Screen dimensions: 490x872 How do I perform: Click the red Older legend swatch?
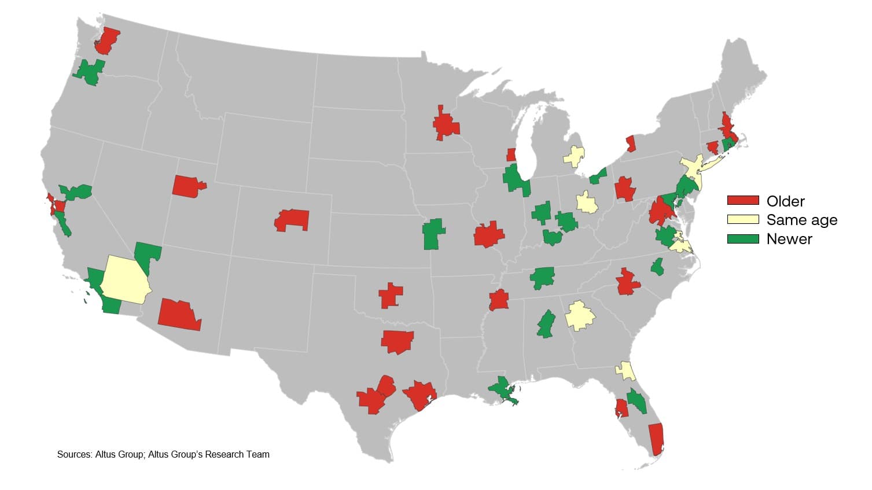742,200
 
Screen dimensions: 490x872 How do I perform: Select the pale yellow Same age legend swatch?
742,219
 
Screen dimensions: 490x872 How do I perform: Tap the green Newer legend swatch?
742,238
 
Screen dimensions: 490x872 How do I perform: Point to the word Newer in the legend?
789,239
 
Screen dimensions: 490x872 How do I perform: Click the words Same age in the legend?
801,220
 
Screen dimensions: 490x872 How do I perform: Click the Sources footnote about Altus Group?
163,455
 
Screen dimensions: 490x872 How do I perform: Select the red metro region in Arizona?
179,315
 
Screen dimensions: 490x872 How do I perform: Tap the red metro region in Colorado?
293,220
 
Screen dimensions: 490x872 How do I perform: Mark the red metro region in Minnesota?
445,124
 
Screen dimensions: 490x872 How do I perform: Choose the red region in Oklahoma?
391,296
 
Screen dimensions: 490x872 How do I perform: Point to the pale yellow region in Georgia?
579,315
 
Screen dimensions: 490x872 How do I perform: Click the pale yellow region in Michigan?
574,156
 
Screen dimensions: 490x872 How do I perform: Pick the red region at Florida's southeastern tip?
656,439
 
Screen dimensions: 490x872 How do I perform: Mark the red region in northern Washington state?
108,41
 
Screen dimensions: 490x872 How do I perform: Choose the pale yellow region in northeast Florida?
626,370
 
